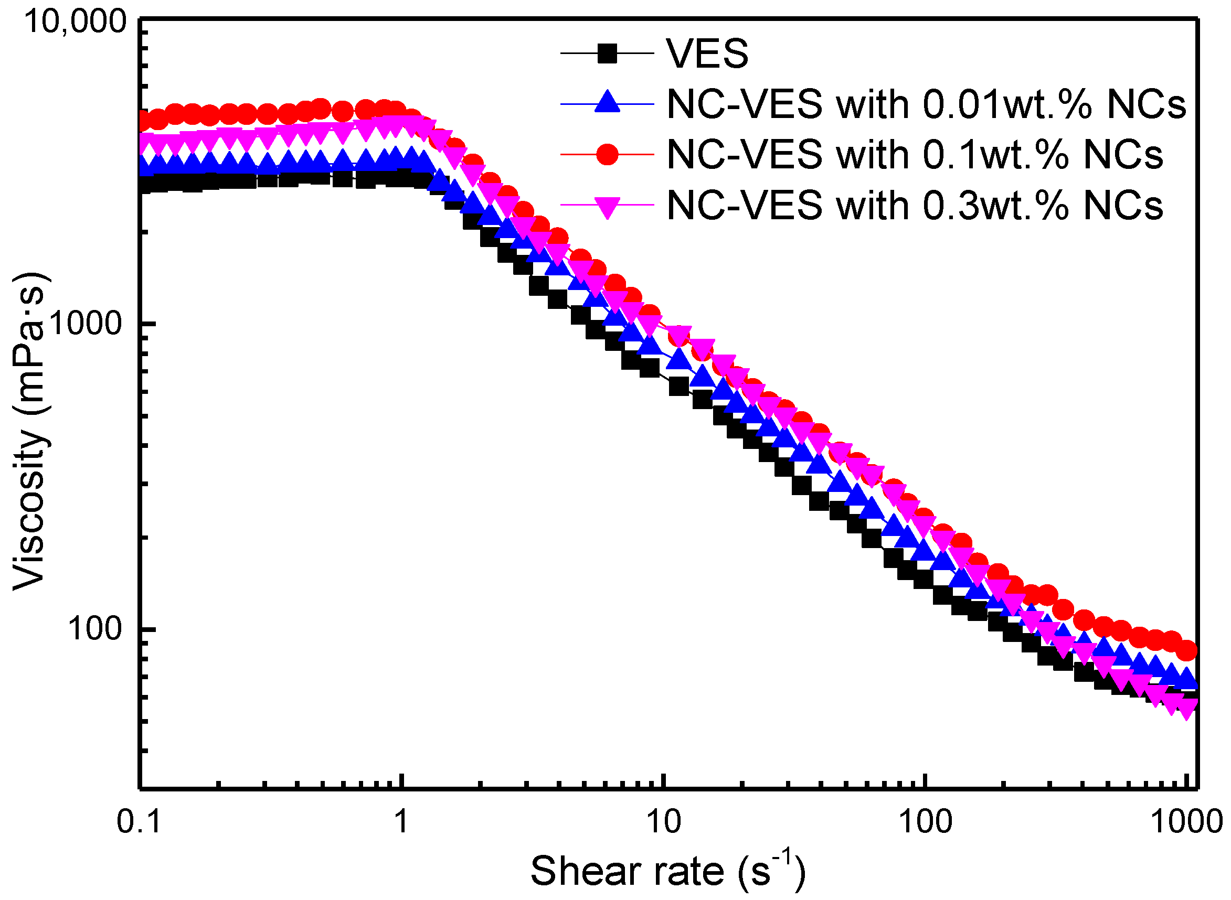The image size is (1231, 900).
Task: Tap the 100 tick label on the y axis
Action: pyautogui.click(x=94, y=629)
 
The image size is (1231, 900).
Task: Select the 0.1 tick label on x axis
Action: pyautogui.click(x=140, y=821)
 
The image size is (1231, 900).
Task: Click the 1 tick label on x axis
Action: pyautogui.click(x=401, y=821)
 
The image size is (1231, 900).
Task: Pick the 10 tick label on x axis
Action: pyautogui.click(x=664, y=821)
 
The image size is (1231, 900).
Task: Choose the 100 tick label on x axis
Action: pyautogui.click(x=925, y=821)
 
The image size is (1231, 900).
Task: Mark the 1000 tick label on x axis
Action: pyautogui.click(x=1187, y=821)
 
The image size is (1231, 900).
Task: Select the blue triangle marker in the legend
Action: pyautogui.click(x=607, y=102)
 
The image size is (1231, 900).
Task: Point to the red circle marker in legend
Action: pyautogui.click(x=607, y=154)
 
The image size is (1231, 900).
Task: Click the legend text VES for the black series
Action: pyautogui.click(x=707, y=54)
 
